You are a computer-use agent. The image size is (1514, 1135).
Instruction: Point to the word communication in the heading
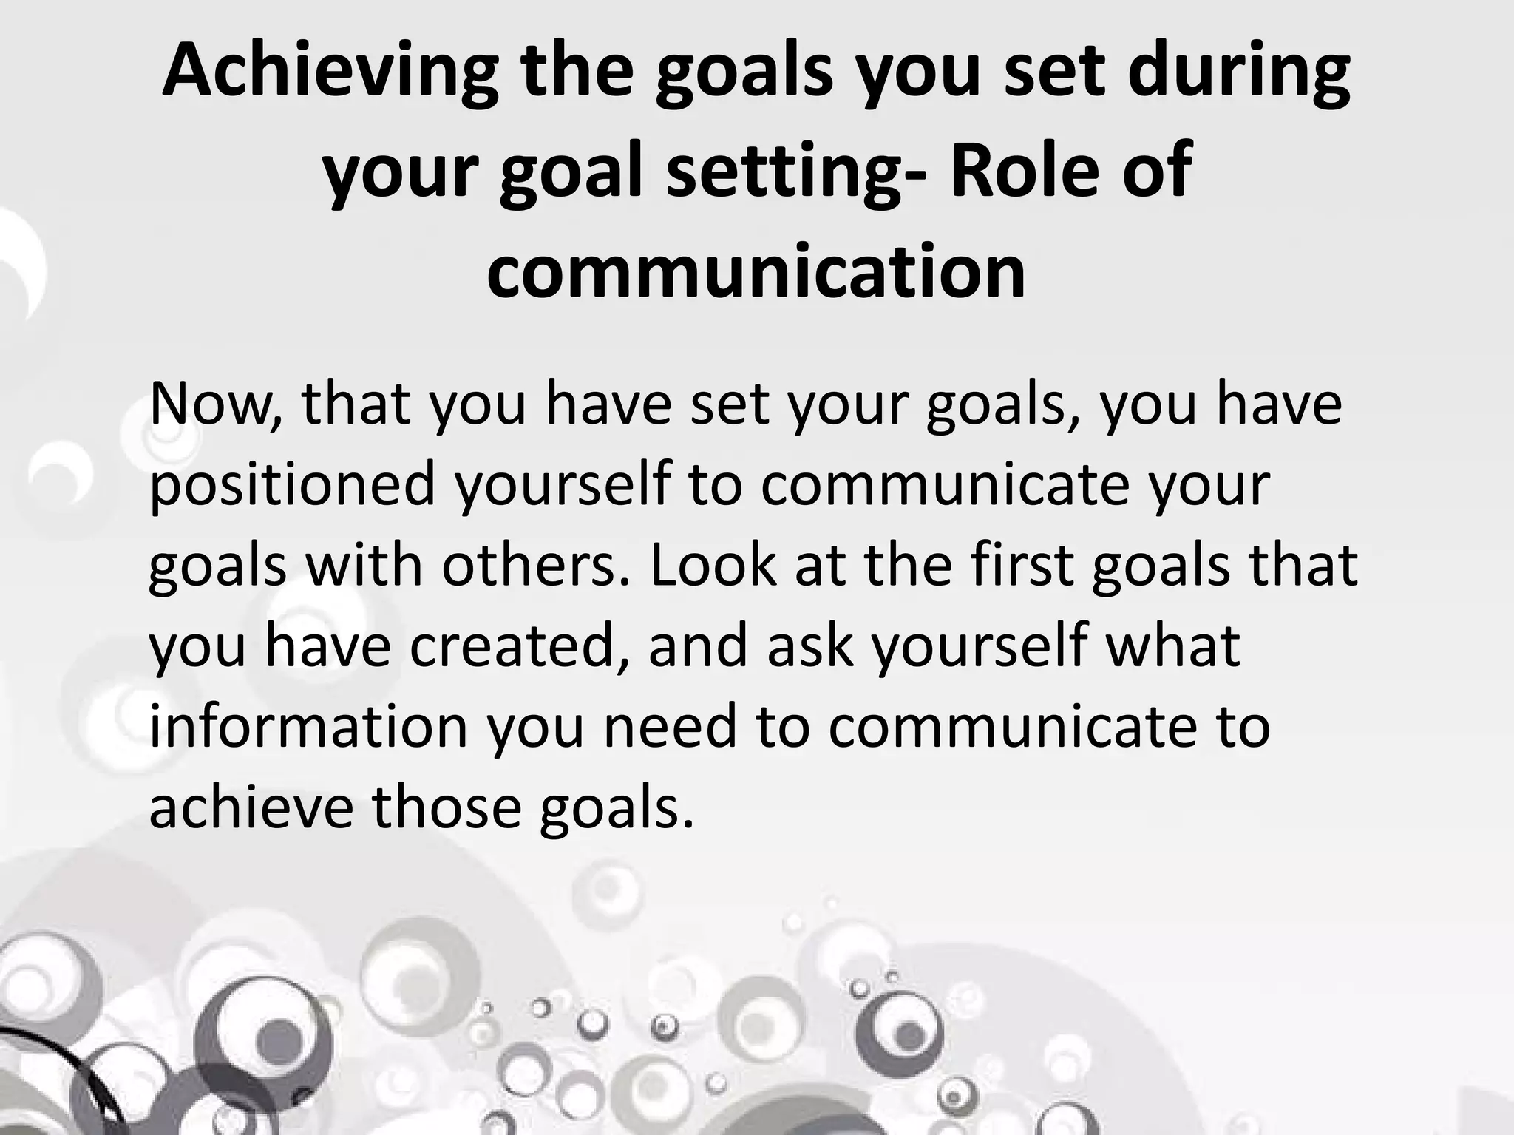756,271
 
